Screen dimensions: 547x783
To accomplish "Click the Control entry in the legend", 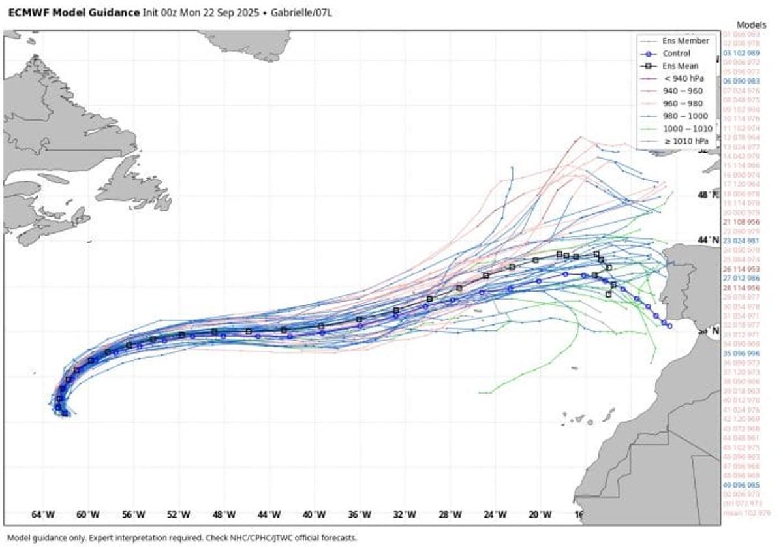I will [676, 54].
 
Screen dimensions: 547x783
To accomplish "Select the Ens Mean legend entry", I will [680, 66].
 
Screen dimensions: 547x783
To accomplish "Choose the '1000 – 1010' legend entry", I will [686, 129].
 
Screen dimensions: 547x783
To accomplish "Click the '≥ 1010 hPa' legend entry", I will [685, 141].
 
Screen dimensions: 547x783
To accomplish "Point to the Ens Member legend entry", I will [681, 41].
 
